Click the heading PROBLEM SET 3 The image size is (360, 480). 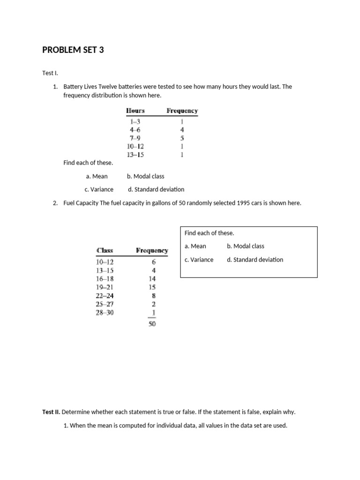pos(73,50)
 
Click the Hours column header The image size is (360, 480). pos(135,111)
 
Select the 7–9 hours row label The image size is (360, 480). pos(135,138)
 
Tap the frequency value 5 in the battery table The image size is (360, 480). pos(182,138)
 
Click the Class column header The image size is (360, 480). pos(105,250)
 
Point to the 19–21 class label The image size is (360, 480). pos(105,287)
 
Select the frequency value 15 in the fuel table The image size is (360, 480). pos(152,287)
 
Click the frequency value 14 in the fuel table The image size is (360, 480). pos(152,279)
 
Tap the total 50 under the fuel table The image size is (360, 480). pos(152,323)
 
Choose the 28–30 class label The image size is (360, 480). pos(105,313)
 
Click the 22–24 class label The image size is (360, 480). pos(105,296)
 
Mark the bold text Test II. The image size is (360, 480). pos(51,412)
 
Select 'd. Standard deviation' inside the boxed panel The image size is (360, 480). pos(255,260)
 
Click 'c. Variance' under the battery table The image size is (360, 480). pos(99,189)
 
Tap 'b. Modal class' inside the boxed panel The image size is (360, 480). pos(246,246)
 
